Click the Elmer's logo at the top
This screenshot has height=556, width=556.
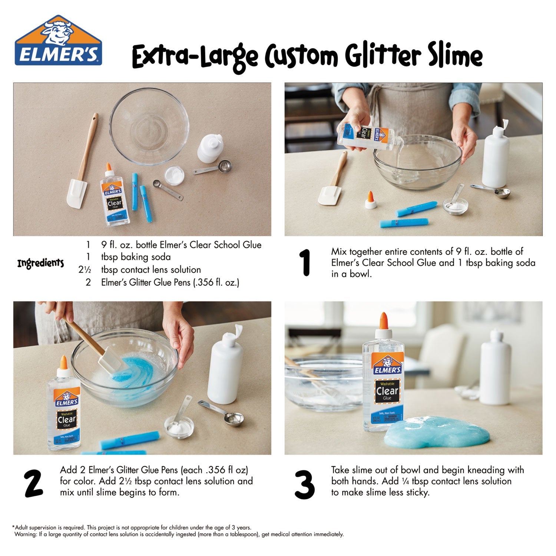point(58,41)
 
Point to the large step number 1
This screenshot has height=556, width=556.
point(305,263)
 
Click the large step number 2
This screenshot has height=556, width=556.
point(33,483)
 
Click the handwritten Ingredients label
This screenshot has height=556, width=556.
point(40,264)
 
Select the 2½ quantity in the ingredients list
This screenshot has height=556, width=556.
point(85,270)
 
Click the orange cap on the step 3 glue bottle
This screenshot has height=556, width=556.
point(383,321)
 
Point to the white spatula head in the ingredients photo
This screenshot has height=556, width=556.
point(76,193)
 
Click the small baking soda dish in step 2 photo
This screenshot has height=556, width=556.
point(179,427)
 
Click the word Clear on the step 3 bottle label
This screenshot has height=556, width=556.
point(387,391)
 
